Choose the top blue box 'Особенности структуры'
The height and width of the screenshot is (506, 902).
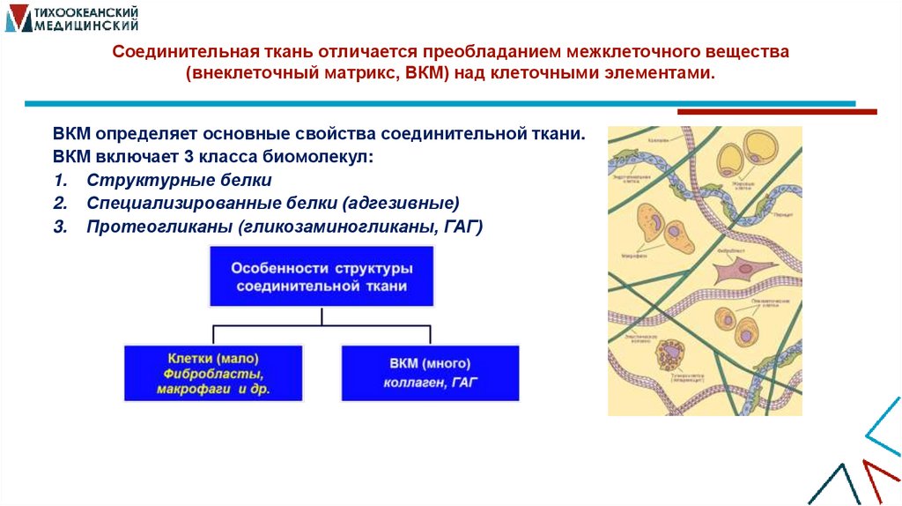[x=322, y=276]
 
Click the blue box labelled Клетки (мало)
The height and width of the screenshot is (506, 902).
[x=212, y=373]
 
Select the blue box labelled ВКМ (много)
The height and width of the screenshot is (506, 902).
[x=430, y=373]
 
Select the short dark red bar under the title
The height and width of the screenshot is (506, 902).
[x=776, y=112]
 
